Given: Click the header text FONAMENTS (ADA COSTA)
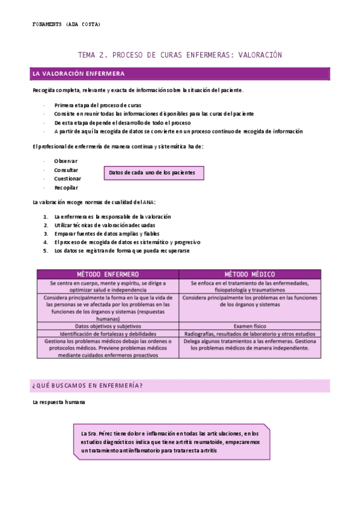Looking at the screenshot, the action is point(66,24).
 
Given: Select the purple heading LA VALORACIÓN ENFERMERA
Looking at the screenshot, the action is point(79,74).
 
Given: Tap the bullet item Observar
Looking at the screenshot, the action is point(66,161).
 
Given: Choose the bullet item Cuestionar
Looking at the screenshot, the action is point(67,179).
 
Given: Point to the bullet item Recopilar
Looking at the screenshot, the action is point(66,188).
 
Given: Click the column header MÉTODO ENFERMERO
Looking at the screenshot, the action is point(108,274).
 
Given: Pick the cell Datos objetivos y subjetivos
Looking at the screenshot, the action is point(108,325).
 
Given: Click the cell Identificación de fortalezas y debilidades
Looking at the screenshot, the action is point(108,333).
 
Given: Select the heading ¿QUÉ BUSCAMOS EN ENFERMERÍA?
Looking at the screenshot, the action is point(87,386).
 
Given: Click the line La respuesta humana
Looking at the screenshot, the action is point(59,402).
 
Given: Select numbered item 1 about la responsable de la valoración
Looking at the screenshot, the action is point(112,217).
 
